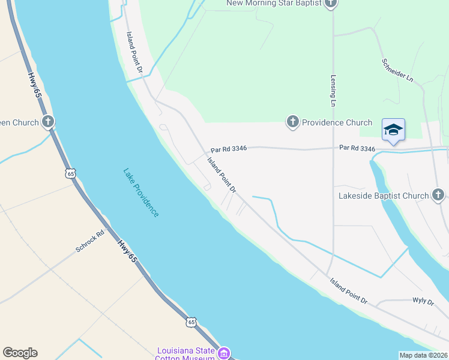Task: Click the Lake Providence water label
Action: pos(141,193)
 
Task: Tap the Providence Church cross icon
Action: pos(292,122)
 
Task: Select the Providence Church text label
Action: pos(337,122)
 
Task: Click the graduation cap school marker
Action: pos(393,130)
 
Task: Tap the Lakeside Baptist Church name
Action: pos(384,196)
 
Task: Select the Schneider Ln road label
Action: pos(398,70)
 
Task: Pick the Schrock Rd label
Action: pos(90,241)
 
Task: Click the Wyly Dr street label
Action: pos(423,302)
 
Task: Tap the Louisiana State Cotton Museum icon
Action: pos(224,354)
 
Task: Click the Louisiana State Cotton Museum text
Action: pos(185,354)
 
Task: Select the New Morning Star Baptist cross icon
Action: pos(330,4)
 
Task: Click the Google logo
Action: pos(20,353)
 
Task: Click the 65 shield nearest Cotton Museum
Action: pos(191,322)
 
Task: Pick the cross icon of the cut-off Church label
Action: pos(48,122)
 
